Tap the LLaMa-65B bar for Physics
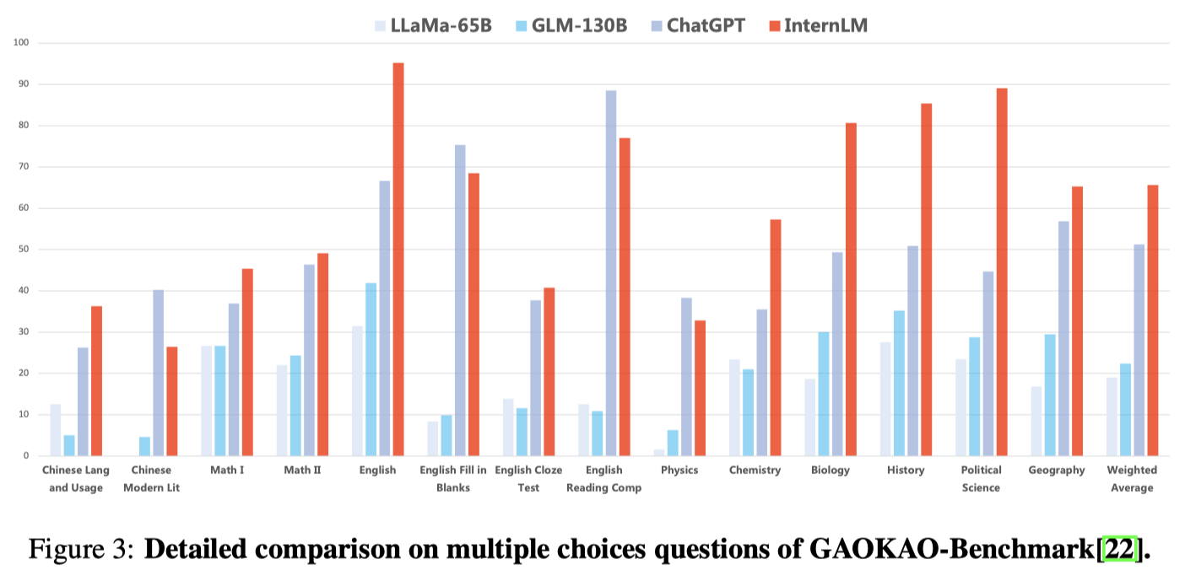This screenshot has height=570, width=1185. pos(659,453)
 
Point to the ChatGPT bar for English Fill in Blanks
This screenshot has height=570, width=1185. pos(460,300)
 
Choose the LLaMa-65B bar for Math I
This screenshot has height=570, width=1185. pos(207,401)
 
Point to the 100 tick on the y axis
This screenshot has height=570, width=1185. pos(20,42)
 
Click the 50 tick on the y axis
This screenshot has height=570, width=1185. pos(23,250)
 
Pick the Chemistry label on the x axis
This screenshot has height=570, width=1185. pos(755,471)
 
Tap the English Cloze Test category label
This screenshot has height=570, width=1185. pos(528,478)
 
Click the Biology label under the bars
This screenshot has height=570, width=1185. pos(830,471)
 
